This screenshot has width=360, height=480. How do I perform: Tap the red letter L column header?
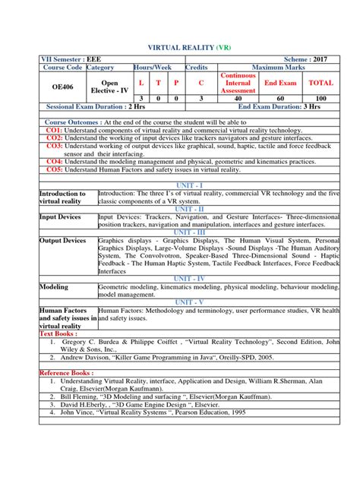click(x=141, y=82)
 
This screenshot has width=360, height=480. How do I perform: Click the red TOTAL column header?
click(x=321, y=82)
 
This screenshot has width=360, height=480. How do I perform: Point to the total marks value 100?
click(x=321, y=99)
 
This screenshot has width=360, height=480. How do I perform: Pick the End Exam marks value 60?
click(x=280, y=99)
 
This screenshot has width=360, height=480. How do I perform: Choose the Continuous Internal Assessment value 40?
click(x=238, y=99)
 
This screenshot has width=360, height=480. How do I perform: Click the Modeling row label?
click(x=54, y=288)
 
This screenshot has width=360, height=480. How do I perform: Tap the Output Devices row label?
click(x=64, y=241)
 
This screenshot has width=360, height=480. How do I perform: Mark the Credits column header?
click(x=197, y=67)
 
